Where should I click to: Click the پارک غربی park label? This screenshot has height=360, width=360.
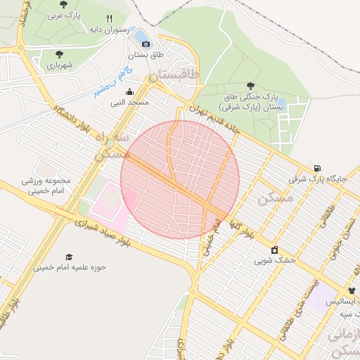(68, 15)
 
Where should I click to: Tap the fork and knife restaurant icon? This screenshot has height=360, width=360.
(109, 18)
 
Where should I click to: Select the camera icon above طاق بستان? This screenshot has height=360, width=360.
(146, 44)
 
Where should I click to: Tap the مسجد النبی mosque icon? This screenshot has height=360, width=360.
(129, 91)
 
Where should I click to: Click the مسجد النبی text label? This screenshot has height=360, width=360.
(127, 103)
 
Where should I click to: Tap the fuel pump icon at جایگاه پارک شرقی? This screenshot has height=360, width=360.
(319, 168)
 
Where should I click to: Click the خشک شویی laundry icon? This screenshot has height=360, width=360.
(274, 250)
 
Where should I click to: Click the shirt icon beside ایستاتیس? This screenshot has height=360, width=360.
(352, 290)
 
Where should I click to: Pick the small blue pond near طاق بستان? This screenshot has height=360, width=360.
(141, 35)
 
